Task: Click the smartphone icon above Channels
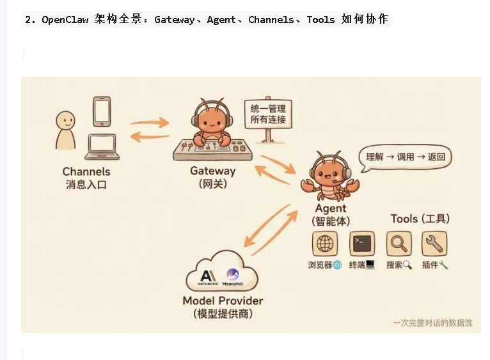(102, 111)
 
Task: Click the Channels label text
(86, 171)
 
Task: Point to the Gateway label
(212, 171)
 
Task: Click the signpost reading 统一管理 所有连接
(268, 114)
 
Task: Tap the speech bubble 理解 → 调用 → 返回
(405, 157)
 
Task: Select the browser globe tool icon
(325, 244)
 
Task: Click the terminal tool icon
(361, 244)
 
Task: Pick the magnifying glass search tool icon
(399, 244)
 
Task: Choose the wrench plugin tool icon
(434, 244)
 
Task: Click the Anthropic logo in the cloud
(209, 276)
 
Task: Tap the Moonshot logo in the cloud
(232, 276)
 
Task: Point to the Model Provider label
(223, 301)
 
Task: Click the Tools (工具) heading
(420, 219)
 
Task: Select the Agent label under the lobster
(331, 208)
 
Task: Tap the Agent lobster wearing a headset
(330, 173)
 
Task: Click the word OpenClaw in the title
(67, 20)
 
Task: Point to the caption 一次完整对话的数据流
(432, 323)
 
